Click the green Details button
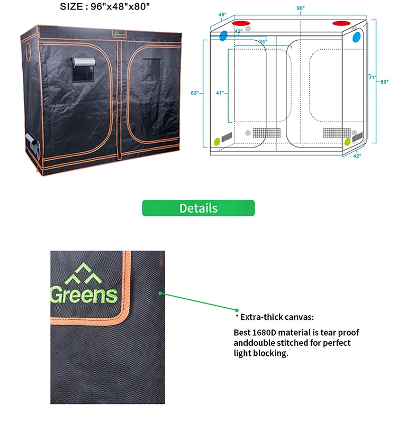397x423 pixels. pyautogui.click(x=198, y=208)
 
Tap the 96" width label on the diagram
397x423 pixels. pyautogui.click(x=301, y=8)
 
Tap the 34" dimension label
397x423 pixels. pyautogui.click(x=263, y=41)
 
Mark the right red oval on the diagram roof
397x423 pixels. pyautogui.click(x=341, y=23)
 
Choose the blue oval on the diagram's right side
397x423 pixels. pyautogui.click(x=356, y=37)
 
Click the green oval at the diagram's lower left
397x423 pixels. pyautogui.click(x=217, y=142)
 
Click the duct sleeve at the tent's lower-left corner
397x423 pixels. pyautogui.click(x=31, y=144)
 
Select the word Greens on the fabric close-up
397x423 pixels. pyautogui.click(x=84, y=294)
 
